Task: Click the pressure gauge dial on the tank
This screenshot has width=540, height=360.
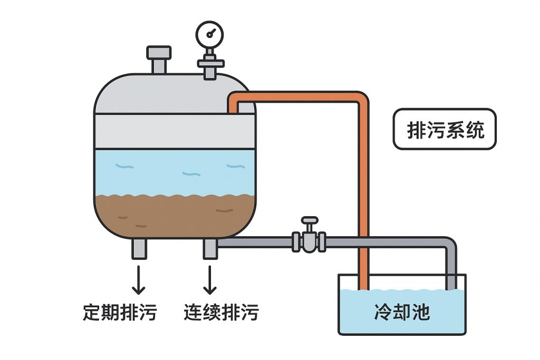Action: coord(209,34)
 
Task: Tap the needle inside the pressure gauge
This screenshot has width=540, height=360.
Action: coord(211,33)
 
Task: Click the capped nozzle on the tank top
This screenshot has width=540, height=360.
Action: coord(159,54)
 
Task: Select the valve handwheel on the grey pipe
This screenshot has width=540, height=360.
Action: coord(310,221)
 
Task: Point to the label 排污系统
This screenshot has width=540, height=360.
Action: coord(445,129)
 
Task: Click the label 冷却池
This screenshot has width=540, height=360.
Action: coord(402,312)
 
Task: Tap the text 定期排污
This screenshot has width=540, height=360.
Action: coord(120,312)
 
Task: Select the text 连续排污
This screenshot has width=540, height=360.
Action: coord(221,312)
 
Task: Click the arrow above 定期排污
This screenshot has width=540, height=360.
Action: coord(139,279)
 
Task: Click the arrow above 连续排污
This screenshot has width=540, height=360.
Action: coord(210,279)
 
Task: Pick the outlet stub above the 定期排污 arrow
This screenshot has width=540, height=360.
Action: coord(139,248)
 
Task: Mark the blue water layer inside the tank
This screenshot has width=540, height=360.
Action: coord(174,171)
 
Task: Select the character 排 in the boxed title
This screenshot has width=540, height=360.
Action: coord(416,130)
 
